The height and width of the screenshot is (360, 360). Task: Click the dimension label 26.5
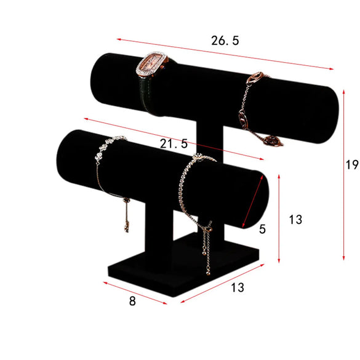(x=225, y=41)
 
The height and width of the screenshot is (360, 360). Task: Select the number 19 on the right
(x=351, y=164)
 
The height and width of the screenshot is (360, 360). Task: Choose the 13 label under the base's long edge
(x=238, y=287)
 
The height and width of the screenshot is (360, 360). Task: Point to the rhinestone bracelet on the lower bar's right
(x=191, y=185)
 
